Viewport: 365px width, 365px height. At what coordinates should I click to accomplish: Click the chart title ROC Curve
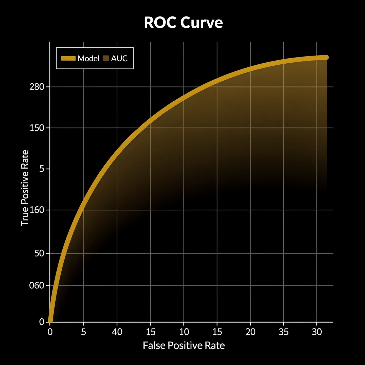(183, 23)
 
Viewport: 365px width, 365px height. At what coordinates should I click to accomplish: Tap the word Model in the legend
(88, 59)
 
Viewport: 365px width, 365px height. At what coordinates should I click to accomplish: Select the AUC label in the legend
(119, 59)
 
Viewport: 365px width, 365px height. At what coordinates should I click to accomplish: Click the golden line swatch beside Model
(68, 59)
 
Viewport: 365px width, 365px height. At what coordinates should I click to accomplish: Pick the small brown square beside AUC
(106, 59)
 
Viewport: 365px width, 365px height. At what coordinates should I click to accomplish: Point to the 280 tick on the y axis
(37, 87)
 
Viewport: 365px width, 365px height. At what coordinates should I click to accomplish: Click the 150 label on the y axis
(37, 128)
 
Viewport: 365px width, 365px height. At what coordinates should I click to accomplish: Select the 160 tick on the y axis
(37, 210)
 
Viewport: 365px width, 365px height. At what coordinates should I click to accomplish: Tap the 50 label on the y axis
(39, 253)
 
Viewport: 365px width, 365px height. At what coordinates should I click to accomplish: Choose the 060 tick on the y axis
(37, 285)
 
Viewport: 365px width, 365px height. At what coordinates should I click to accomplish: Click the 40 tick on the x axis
(117, 332)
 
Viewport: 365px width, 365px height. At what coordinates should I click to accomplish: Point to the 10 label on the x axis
(184, 332)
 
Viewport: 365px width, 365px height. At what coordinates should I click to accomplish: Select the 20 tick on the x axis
(250, 332)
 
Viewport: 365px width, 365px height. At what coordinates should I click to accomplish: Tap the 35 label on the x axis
(283, 332)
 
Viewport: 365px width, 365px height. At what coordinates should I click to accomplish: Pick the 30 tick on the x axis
(317, 332)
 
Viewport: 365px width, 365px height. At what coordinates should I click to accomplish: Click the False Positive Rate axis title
(184, 345)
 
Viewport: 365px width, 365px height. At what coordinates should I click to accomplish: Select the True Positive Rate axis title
(25, 188)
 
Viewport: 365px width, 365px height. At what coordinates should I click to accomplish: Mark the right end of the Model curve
(326, 58)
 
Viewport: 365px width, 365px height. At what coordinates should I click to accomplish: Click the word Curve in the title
(202, 23)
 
